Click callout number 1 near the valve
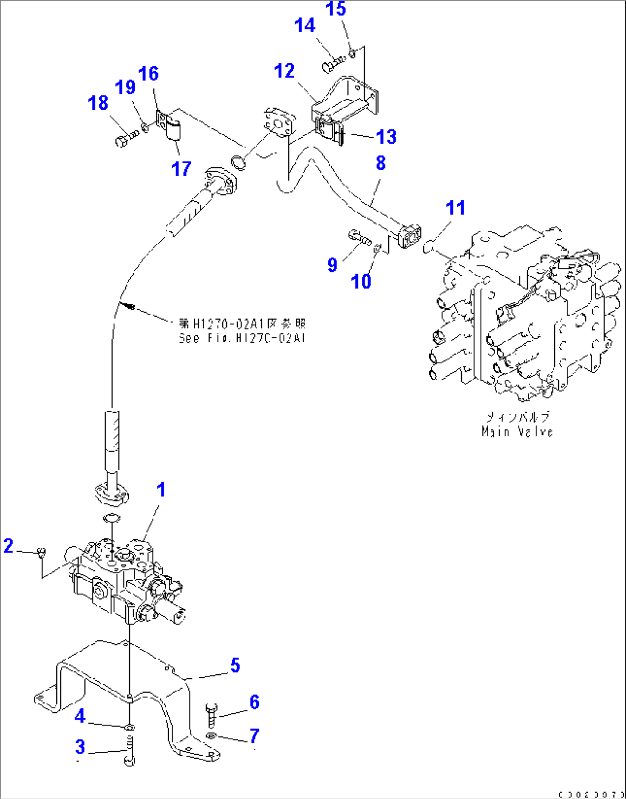[161, 490]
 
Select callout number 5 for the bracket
[235, 666]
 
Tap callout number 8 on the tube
[381, 163]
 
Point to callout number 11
[456, 208]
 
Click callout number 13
[387, 137]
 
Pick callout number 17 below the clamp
[181, 168]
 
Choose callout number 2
[8, 546]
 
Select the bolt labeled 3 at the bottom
[130, 752]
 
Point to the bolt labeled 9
[359, 237]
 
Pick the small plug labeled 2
[41, 553]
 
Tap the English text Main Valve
[517, 432]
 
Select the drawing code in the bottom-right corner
[591, 794]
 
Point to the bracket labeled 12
[343, 101]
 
